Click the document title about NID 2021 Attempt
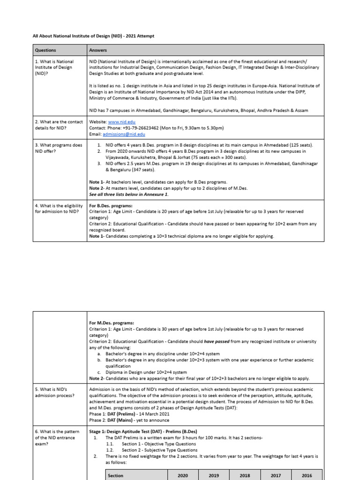(93, 35)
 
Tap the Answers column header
(98, 50)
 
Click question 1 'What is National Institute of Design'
(54, 67)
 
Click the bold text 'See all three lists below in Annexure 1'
(129, 194)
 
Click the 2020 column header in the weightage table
(183, 475)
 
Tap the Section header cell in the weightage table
(115, 475)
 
